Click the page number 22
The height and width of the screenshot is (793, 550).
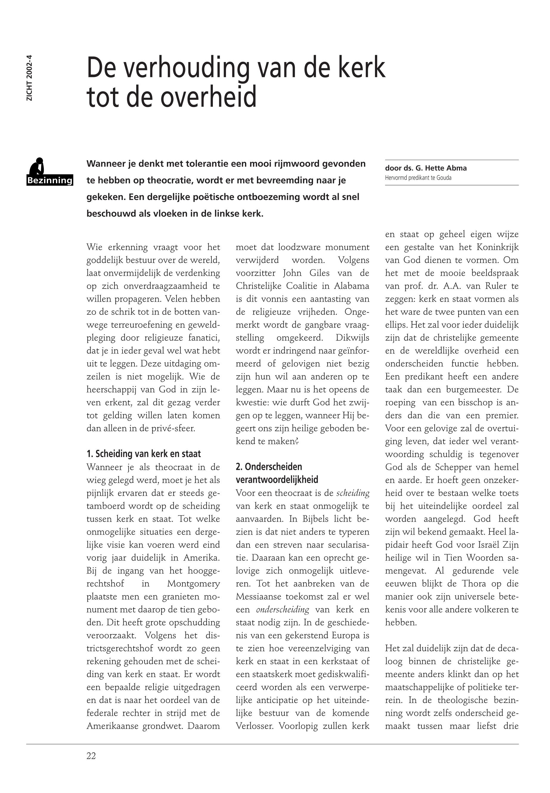tap(91, 755)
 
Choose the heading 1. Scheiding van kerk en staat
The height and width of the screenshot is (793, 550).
tap(143, 453)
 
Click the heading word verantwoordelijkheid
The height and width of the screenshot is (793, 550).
tap(277, 479)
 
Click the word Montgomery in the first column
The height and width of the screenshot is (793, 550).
tap(193, 583)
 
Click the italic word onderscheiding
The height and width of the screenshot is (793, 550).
tap(283, 609)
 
